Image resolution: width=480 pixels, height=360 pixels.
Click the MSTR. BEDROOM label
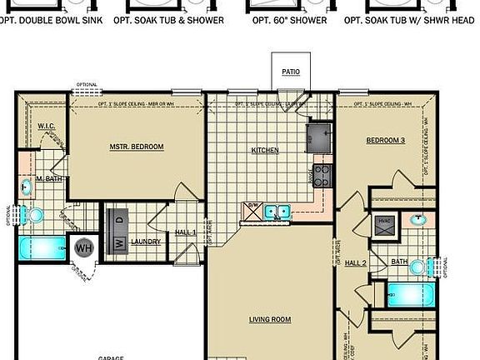(136, 147)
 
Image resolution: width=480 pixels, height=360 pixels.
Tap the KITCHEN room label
(265, 151)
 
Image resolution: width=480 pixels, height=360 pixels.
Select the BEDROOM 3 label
(385, 141)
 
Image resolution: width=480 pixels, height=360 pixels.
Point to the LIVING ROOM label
(270, 319)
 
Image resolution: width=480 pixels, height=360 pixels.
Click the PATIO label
(291, 72)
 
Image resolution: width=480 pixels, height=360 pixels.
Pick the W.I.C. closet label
(47, 126)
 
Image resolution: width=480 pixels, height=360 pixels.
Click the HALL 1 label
(185, 232)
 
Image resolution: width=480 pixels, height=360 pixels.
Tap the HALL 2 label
(356, 262)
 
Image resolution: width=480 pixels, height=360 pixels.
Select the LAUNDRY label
(146, 242)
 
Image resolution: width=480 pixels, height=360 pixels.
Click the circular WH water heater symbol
(83, 247)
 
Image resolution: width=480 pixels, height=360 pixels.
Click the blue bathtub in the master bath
(41, 248)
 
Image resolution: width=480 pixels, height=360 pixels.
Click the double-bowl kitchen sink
(277, 212)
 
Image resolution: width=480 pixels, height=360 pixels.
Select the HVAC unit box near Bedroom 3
(384, 225)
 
